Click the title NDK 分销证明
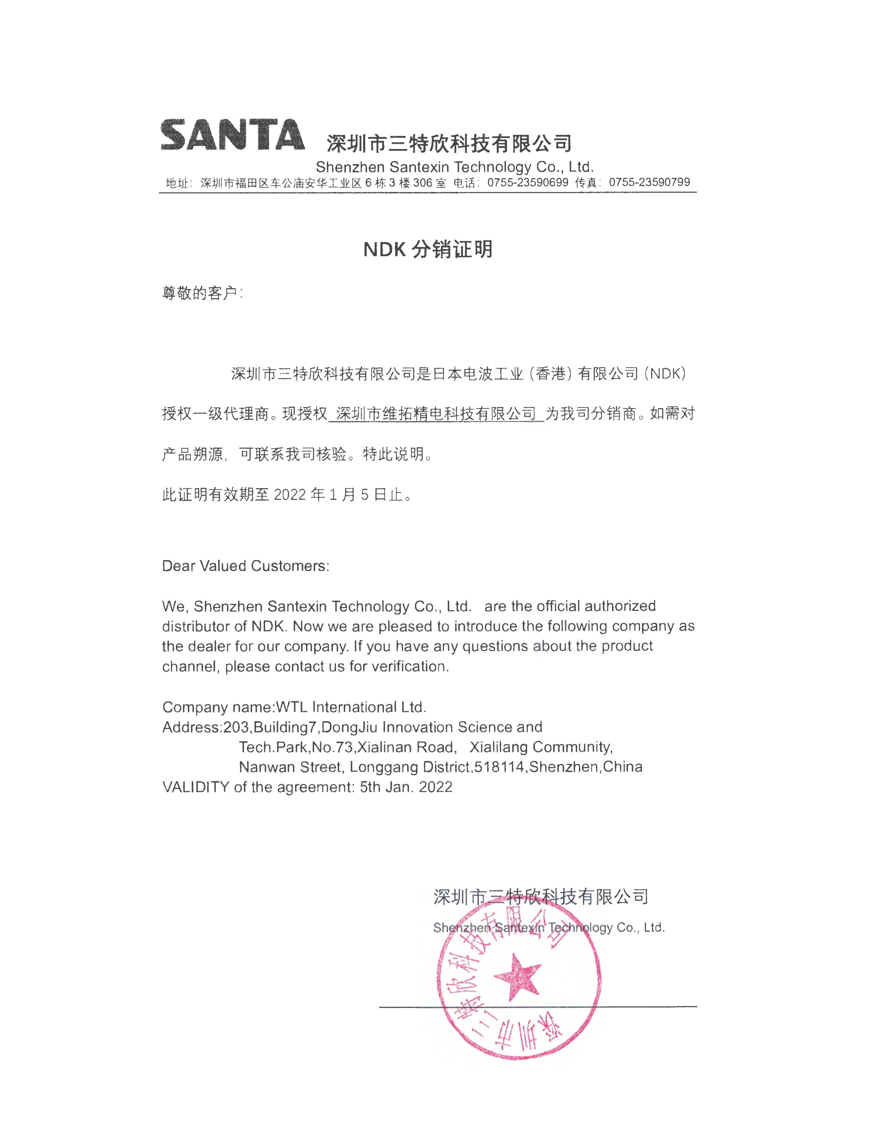[x=428, y=250]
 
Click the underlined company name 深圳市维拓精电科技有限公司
[x=436, y=414]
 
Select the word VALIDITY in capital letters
[x=196, y=787]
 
